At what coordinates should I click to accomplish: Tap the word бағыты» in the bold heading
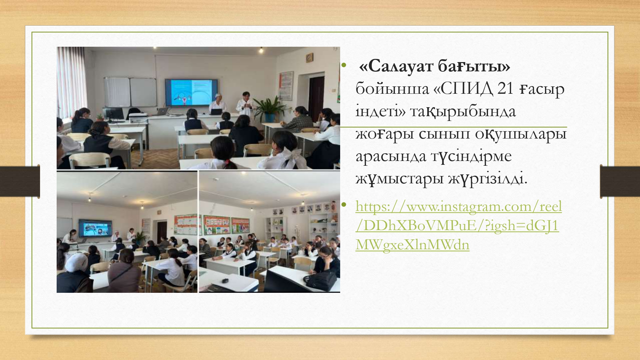tap(474, 67)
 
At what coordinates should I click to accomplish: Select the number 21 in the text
tap(506, 89)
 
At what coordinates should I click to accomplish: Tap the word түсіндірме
tap(471, 156)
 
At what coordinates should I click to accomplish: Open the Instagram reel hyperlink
tap(459, 225)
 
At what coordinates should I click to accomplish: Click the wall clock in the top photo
tap(309, 58)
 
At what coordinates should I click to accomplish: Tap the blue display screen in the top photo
tap(191, 92)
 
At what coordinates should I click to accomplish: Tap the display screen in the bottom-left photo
tap(95, 228)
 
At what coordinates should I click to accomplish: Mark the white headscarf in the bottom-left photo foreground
tap(76, 263)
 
